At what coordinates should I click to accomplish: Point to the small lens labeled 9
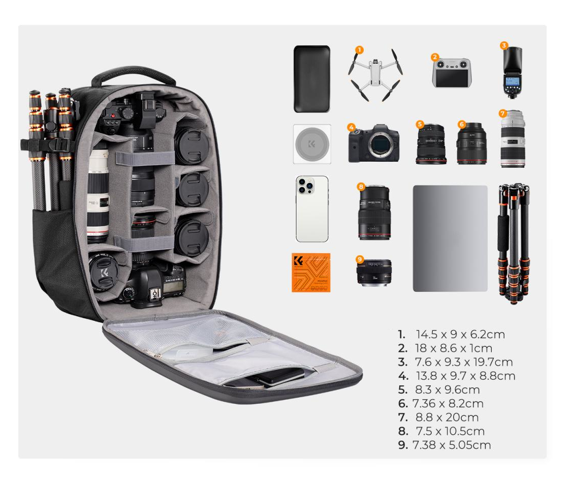pyautogui.click(x=374, y=273)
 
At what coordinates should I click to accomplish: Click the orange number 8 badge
pyautogui.click(x=361, y=187)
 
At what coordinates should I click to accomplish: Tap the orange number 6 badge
pyautogui.click(x=461, y=124)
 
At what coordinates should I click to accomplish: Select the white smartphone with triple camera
pyautogui.click(x=312, y=208)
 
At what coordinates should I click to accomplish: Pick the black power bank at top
pyautogui.click(x=311, y=79)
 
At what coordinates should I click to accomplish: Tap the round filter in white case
pyautogui.click(x=312, y=144)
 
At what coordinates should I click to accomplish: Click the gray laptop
pyautogui.click(x=450, y=238)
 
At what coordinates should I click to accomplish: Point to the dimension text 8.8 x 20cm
pyautogui.click(x=447, y=417)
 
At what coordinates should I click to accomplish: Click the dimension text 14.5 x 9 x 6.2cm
pyautogui.click(x=460, y=335)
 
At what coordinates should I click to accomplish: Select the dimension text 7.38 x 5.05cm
pyautogui.click(x=452, y=445)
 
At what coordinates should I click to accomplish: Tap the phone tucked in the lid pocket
pyautogui.click(x=280, y=377)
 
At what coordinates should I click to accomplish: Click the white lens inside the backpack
pyautogui.click(x=98, y=196)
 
